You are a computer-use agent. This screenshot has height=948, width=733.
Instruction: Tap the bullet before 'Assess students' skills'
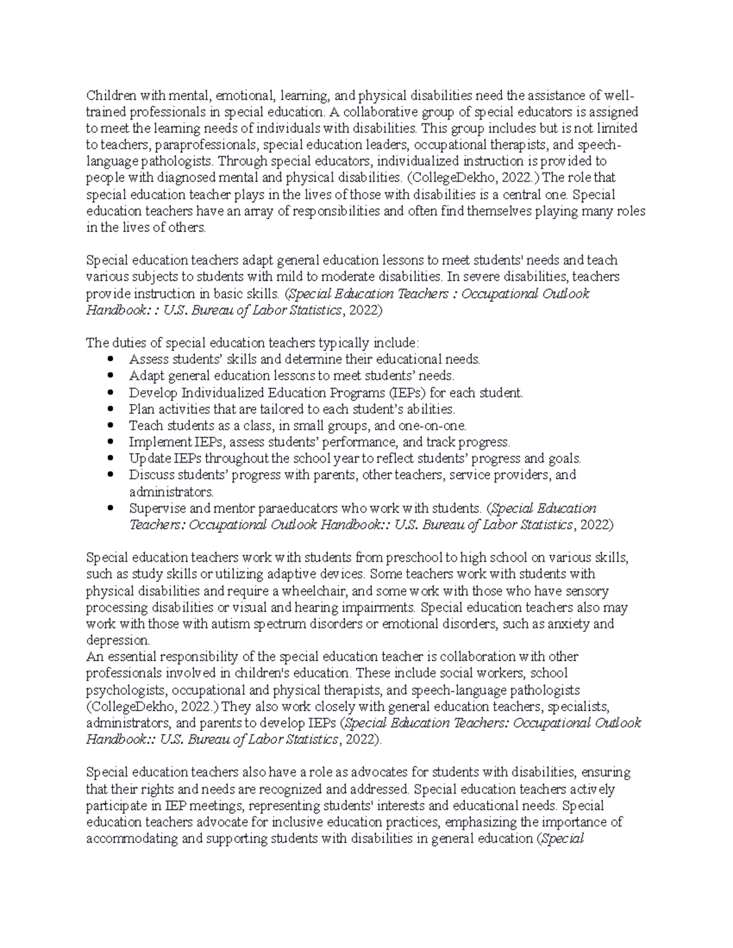110,359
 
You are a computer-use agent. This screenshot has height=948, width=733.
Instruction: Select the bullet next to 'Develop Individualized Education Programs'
110,393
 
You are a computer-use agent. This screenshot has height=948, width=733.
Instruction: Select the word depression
117,640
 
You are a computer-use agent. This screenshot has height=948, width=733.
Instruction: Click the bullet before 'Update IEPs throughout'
110,458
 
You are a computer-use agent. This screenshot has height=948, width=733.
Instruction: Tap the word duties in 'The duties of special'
126,342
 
